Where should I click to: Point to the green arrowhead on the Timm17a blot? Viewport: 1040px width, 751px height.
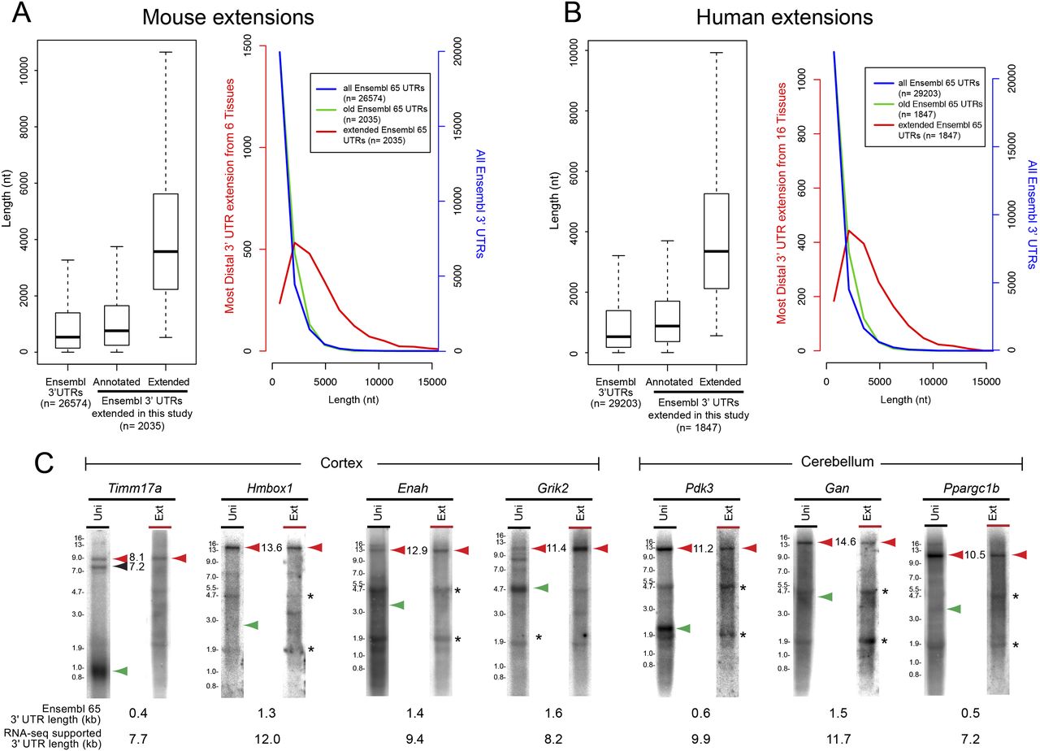click(121, 671)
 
